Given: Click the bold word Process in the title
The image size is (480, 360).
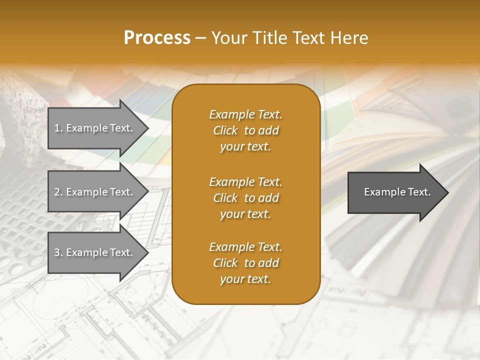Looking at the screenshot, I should (157, 38).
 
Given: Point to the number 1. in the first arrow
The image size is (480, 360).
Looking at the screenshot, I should (58, 128).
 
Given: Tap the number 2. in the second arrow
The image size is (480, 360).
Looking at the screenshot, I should (58, 192).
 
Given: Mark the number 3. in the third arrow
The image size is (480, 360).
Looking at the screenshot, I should (58, 252).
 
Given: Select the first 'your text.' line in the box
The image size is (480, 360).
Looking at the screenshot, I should (245, 147).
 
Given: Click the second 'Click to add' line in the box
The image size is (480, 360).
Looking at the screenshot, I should (245, 198).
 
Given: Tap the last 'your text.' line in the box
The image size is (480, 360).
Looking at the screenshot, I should (245, 279).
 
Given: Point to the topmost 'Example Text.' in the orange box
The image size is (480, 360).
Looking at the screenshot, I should (245, 114).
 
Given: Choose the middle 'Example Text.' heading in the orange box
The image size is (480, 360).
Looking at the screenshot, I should (245, 182).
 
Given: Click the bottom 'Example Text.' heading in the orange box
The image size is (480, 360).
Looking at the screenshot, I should (245, 247).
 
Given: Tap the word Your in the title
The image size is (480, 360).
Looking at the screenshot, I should (227, 38).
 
